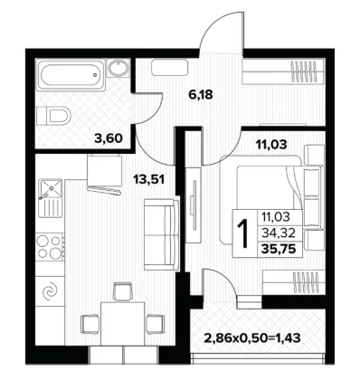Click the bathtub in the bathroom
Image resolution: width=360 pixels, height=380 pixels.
click(x=71, y=74)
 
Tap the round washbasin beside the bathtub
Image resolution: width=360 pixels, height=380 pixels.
click(x=118, y=68)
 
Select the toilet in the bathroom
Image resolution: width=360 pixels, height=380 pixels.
click(x=53, y=116)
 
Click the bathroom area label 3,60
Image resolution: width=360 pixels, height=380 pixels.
click(x=109, y=138)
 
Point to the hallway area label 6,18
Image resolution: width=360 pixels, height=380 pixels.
click(x=201, y=95)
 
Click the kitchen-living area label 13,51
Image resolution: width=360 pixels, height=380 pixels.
click(x=149, y=180)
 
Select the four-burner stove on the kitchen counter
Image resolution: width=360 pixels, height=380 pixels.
click(x=50, y=247)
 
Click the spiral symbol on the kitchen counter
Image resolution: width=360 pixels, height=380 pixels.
click(x=50, y=291)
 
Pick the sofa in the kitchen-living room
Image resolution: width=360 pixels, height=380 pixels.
click(x=160, y=234)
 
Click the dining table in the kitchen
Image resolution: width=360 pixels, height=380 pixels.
click(x=123, y=324)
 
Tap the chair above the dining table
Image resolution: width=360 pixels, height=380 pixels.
click(x=122, y=291)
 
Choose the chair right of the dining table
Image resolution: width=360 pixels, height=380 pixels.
click(x=155, y=324)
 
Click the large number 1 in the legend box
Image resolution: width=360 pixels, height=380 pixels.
click(x=243, y=233)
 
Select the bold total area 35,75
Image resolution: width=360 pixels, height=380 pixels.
click(x=278, y=249)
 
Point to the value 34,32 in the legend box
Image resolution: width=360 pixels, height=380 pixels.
click(x=278, y=233)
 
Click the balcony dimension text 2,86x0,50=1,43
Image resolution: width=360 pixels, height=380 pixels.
click(x=252, y=337)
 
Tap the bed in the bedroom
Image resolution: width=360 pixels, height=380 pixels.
click(x=261, y=200)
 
